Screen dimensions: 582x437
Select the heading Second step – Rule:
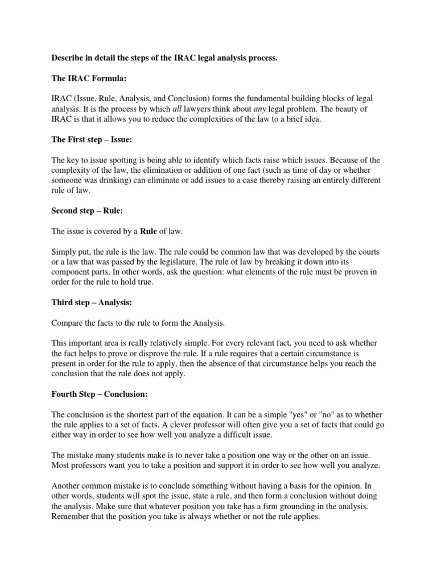pos(87,210)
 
